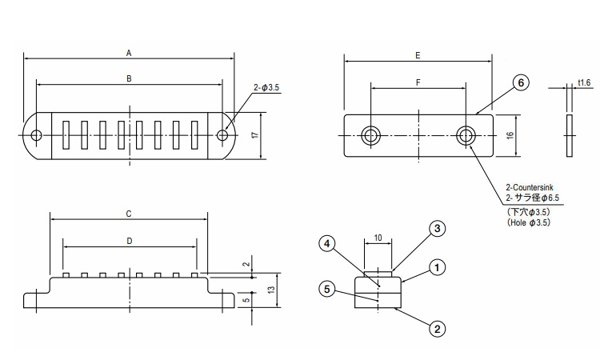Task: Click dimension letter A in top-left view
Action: [x=129, y=53]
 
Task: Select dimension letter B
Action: [x=129, y=78]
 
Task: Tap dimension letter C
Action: [x=129, y=214]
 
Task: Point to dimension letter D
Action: [x=129, y=240]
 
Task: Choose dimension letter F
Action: [x=418, y=82]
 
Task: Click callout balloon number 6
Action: [x=520, y=83]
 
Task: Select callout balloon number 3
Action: [x=436, y=229]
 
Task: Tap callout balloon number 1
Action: [x=436, y=268]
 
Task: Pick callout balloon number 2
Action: [x=436, y=327]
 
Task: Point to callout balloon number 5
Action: [x=326, y=290]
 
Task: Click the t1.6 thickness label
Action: [x=583, y=83]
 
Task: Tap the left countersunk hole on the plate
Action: [x=370, y=135]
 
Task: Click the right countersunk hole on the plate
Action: [x=466, y=135]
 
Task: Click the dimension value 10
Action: [x=378, y=238]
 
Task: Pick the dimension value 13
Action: [x=272, y=288]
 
